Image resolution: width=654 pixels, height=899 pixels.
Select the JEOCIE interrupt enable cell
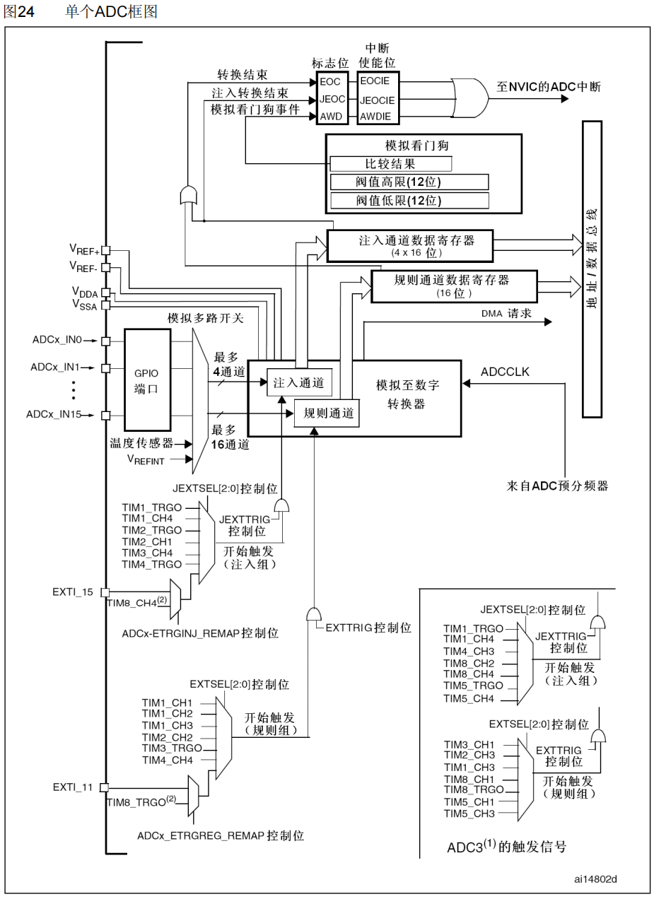point(377,100)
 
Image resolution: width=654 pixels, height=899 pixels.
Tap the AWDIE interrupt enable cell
point(375,117)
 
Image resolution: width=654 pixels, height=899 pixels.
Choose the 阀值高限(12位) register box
point(409,182)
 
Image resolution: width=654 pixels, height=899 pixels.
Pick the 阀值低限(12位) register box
point(409,201)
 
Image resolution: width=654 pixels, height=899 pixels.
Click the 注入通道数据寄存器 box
point(411,245)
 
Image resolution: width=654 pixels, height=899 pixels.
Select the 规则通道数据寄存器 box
point(450,285)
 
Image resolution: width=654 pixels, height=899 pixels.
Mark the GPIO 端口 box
point(147,379)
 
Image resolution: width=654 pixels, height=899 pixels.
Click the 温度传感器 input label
point(141,443)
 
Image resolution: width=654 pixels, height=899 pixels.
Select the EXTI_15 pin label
point(73,592)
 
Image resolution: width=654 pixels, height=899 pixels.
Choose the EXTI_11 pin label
point(73,787)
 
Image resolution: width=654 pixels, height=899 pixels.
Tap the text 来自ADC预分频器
point(557,485)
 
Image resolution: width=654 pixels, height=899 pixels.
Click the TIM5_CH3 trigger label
point(469,813)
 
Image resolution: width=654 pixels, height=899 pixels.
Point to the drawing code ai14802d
point(595,879)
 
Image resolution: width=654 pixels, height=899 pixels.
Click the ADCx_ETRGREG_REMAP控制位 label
point(221,835)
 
